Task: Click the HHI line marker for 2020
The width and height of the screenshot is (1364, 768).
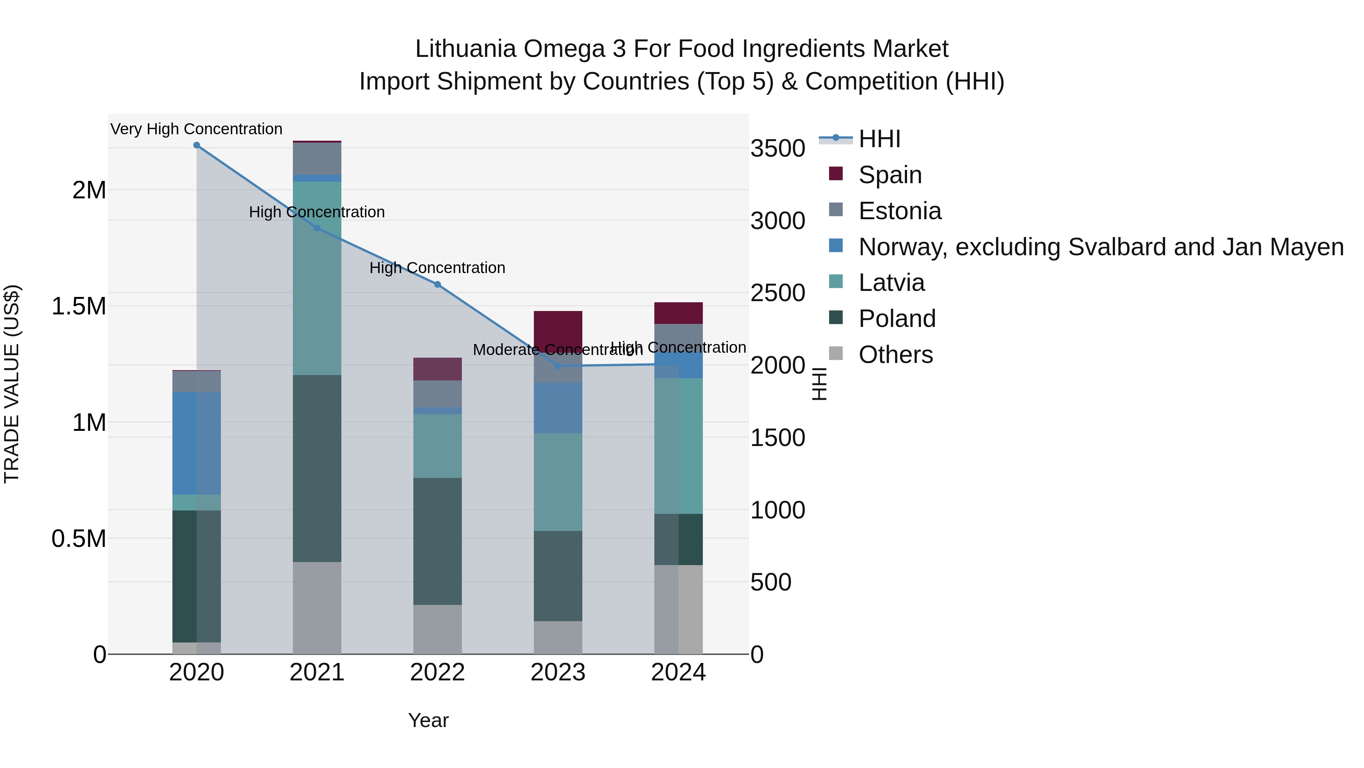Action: [x=196, y=145]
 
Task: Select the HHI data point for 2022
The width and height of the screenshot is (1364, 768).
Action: [x=437, y=284]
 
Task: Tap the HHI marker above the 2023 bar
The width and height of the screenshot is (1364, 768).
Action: [x=558, y=366]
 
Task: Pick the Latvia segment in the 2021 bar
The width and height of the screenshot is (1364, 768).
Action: [x=317, y=278]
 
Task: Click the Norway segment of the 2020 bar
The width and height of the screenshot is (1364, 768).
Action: [x=196, y=443]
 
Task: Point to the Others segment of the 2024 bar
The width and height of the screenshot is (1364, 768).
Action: [x=678, y=609]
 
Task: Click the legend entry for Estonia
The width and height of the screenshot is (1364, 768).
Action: [x=899, y=211]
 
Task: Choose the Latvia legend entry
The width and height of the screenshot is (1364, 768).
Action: [x=891, y=283]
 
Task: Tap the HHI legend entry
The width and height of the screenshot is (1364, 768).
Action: [x=879, y=139]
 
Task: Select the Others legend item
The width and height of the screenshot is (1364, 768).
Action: [x=895, y=355]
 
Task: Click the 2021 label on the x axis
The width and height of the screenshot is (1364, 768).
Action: [x=317, y=672]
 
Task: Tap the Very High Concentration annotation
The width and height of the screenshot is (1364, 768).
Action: [x=196, y=129]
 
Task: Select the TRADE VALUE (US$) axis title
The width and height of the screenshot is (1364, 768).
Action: [x=12, y=384]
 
